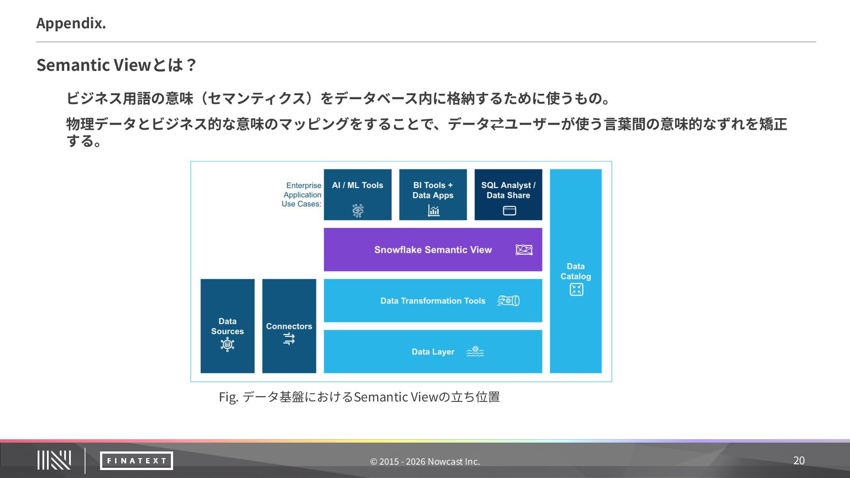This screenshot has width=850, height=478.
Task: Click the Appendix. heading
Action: click(x=71, y=23)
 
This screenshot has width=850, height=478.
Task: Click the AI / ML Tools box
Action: click(x=358, y=194)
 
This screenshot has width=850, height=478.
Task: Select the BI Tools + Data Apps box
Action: click(x=433, y=194)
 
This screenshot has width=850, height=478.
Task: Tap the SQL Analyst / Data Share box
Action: click(x=508, y=194)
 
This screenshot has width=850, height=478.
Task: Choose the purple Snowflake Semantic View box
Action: click(x=433, y=250)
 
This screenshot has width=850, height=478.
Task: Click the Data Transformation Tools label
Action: click(x=433, y=301)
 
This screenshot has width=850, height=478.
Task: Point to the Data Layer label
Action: click(x=433, y=352)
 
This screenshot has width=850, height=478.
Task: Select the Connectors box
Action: click(x=289, y=326)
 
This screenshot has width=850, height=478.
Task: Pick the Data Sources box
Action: click(x=227, y=326)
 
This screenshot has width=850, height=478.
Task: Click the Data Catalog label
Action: click(x=576, y=271)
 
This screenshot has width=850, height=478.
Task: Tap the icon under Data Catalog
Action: click(x=576, y=290)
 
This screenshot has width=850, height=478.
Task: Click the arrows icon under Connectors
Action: click(x=289, y=339)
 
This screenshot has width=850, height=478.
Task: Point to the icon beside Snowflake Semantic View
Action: click(x=524, y=250)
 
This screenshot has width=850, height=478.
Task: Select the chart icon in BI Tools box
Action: click(x=433, y=211)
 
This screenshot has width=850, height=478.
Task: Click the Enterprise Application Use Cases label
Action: click(x=302, y=195)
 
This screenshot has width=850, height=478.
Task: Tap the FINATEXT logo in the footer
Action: click(x=136, y=461)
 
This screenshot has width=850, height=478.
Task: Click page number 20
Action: click(x=799, y=461)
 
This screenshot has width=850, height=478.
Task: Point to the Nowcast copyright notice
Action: click(x=425, y=462)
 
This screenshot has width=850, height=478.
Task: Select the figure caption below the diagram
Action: click(x=359, y=397)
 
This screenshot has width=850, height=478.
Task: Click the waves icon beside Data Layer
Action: click(x=475, y=351)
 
